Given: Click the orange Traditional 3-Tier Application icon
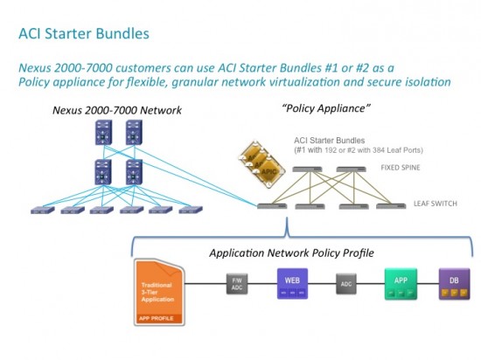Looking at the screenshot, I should point(158,289).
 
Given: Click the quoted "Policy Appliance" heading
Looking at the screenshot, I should point(311,108).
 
